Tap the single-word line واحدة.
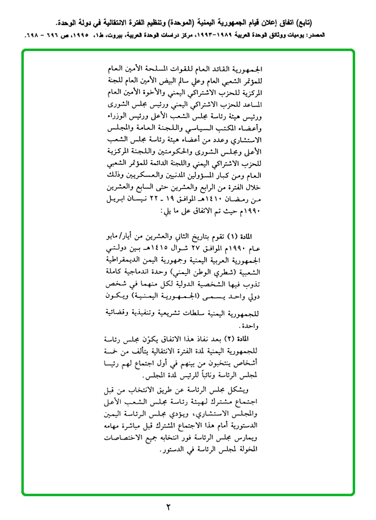coord(250,326)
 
